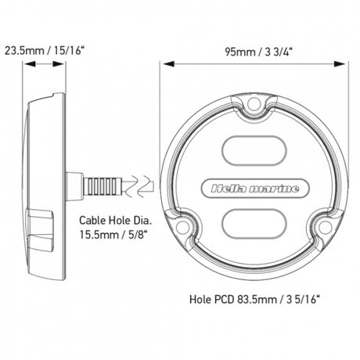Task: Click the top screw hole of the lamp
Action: (253, 104)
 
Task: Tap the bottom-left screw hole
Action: (182, 226)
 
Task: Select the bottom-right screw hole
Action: (325, 226)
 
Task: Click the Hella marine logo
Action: (255, 189)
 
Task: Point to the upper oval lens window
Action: (254, 150)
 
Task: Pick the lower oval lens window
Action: (254, 224)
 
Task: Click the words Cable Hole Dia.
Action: (115, 221)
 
